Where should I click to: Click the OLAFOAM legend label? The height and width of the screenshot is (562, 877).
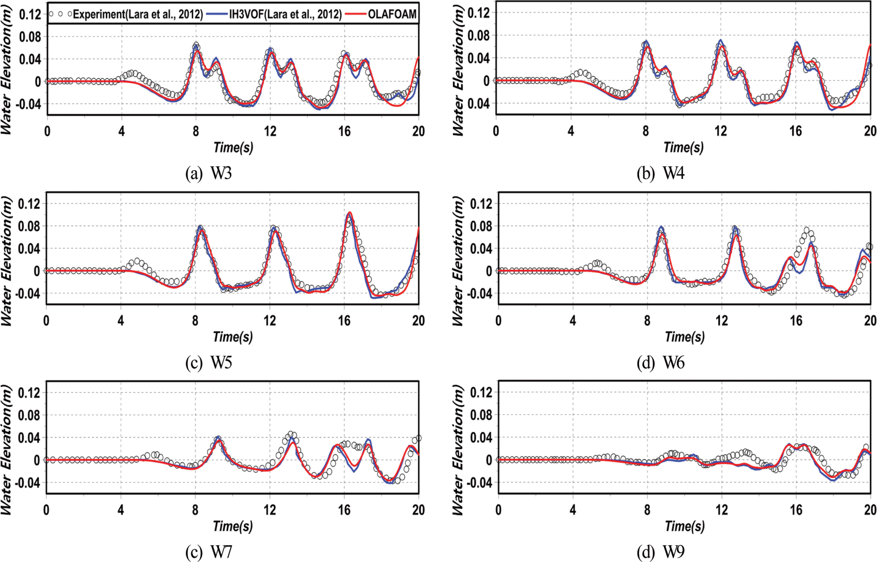tap(392, 14)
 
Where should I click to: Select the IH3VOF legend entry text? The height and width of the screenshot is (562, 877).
tap(285, 14)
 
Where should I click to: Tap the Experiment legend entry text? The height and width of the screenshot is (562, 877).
tap(138, 14)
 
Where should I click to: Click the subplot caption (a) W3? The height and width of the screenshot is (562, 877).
tap(208, 173)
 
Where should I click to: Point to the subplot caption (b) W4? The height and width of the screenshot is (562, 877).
tap(660, 173)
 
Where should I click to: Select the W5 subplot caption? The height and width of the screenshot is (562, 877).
tap(208, 363)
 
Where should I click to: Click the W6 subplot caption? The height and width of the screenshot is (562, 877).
tap(660, 363)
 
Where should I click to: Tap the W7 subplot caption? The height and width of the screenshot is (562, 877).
tap(208, 552)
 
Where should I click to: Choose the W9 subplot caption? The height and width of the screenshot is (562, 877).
tap(660, 552)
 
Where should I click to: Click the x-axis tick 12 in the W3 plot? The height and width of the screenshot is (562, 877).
tap(270, 131)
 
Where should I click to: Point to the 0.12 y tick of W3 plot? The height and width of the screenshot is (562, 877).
tap(30, 15)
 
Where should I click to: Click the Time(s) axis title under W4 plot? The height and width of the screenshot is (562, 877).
tap(684, 147)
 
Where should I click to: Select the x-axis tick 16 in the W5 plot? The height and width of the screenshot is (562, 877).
tap(344, 320)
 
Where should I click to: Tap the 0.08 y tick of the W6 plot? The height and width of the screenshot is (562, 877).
tap(481, 226)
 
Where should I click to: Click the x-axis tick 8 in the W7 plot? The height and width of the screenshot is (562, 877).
tap(195, 510)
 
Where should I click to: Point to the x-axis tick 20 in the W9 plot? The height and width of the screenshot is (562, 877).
tap(870, 510)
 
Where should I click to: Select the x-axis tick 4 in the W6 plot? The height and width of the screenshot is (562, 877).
tap(573, 320)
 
